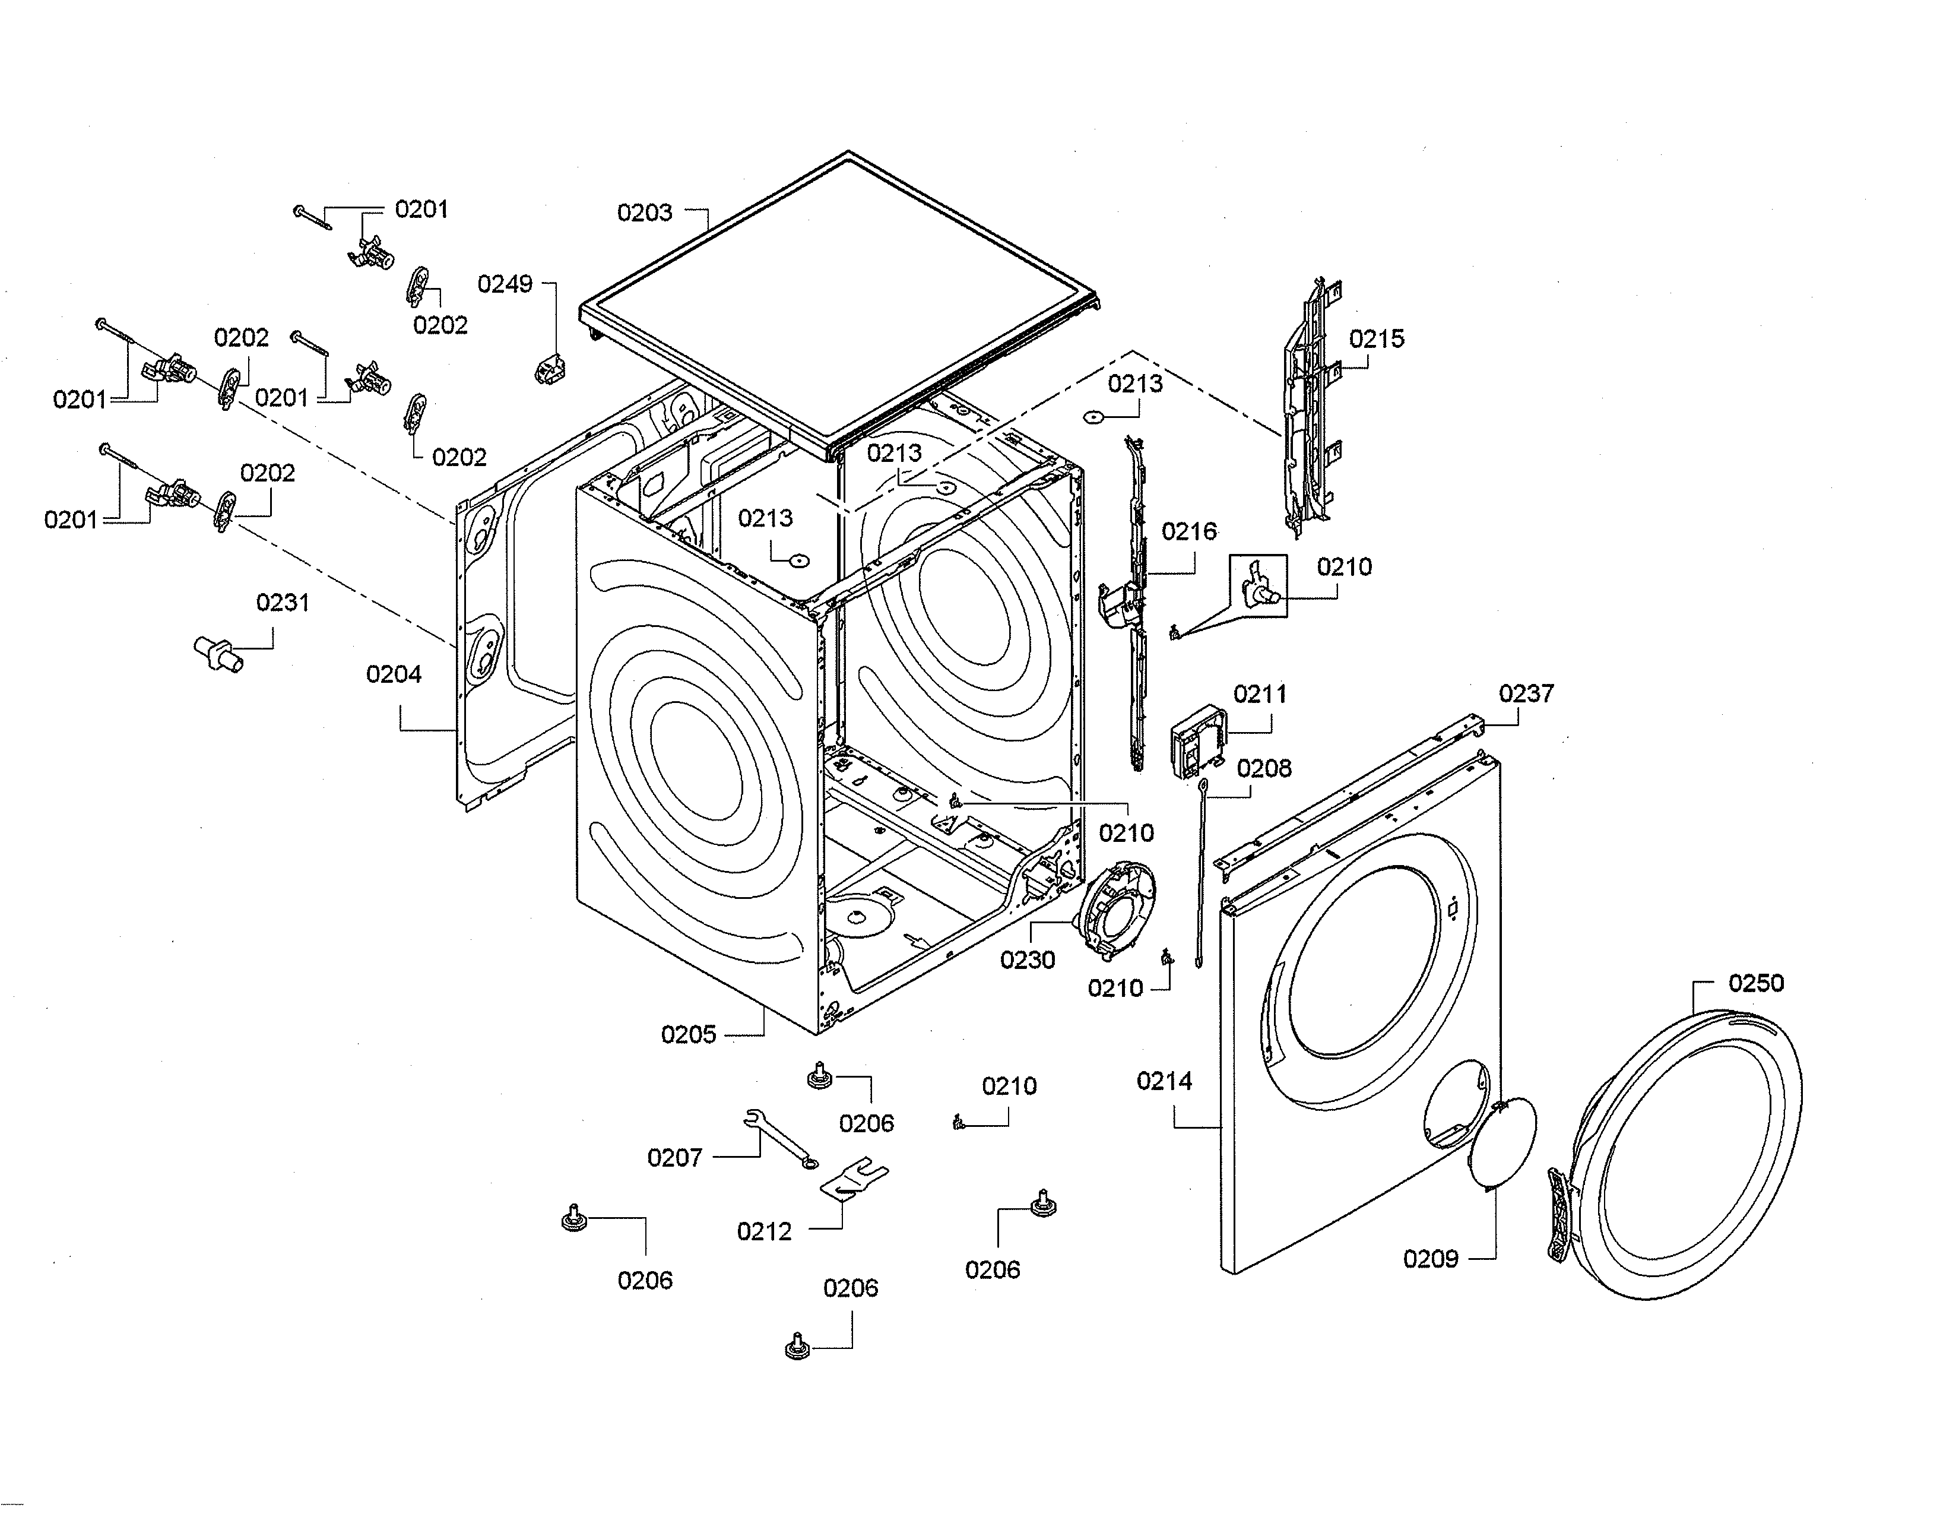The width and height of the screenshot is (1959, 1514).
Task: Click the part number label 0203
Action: coord(644,213)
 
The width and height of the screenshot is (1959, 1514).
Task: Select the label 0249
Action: coord(504,284)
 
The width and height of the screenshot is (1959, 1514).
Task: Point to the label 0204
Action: coord(393,674)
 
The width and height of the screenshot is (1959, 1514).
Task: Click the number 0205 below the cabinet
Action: coord(688,1034)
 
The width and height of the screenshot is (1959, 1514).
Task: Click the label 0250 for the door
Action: coord(1755,983)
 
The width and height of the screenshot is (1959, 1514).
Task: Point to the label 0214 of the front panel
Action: coord(1164,1081)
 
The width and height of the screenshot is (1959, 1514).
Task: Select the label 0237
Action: coord(1526,693)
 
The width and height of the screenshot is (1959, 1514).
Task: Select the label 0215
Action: coord(1376,339)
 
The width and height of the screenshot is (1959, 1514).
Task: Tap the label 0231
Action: coord(283,603)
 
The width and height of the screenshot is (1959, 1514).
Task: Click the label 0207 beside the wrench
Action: coord(674,1157)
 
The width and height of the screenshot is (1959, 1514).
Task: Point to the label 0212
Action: coord(764,1231)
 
